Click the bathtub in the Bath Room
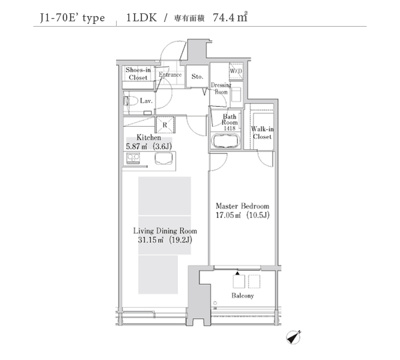(226, 141)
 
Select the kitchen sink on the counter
(163, 159)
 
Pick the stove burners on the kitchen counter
(133, 158)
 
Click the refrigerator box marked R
(165, 125)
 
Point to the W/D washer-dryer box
(236, 71)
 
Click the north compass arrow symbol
(293, 337)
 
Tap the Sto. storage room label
(197, 76)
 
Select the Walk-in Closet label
(262, 133)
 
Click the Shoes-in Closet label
(138, 73)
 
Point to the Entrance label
(170, 75)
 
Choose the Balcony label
(243, 296)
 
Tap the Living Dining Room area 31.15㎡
(151, 240)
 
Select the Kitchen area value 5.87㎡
(137, 147)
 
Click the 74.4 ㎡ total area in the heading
(230, 17)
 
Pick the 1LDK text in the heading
(141, 17)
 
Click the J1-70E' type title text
(73, 18)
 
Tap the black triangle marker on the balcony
(237, 273)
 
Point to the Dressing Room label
(221, 88)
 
